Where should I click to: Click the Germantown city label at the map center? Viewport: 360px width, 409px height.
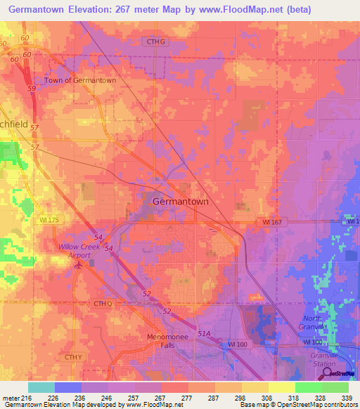[x=181, y=201]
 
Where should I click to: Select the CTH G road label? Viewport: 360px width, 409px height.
[x=155, y=41]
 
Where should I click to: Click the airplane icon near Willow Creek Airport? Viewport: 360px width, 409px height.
[x=79, y=264]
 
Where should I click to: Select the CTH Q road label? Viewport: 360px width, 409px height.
[x=103, y=303]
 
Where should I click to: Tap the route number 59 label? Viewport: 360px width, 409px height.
[x=32, y=89]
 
